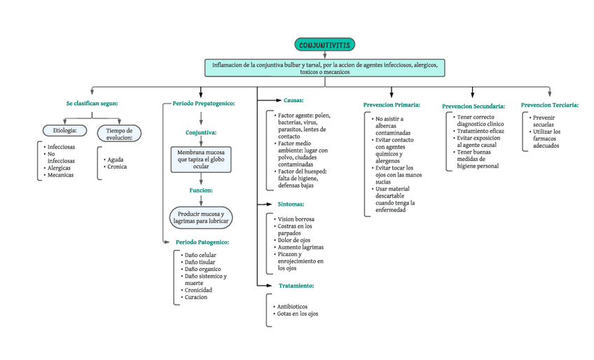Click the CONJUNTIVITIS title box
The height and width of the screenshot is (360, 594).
324,45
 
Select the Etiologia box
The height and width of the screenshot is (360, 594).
64,130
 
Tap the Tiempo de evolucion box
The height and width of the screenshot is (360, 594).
119,134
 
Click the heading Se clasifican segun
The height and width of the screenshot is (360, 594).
92,103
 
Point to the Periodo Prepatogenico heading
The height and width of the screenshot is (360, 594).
203,103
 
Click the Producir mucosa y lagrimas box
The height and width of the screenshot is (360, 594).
201,216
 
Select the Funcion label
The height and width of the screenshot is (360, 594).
201,190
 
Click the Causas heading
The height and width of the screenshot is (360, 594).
293,100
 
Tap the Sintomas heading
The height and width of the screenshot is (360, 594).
291,204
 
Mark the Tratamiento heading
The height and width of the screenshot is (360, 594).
296,286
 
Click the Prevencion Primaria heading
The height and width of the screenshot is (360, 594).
392,104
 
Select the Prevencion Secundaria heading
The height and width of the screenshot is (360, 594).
474,106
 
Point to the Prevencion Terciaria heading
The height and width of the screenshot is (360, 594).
550,104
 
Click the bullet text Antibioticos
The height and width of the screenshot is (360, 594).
293,306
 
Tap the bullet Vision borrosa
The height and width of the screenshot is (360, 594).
296,219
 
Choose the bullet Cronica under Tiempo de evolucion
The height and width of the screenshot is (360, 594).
117,167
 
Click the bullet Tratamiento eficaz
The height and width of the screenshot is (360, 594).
480,131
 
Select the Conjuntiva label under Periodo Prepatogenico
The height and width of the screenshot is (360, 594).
201,132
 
